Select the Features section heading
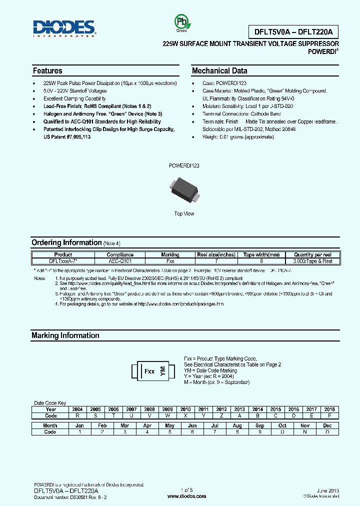(x=47, y=71)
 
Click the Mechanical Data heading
(x=219, y=71)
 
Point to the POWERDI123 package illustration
(x=184, y=189)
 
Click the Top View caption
(x=184, y=213)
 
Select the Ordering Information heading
(x=66, y=242)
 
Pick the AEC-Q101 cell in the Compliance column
(x=120, y=261)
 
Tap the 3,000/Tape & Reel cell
(x=313, y=261)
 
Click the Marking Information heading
(x=65, y=335)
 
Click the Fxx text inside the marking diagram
(x=149, y=371)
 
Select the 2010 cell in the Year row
(x=185, y=409)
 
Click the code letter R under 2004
(x=77, y=415)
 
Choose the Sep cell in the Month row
(x=260, y=425)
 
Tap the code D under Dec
(x=327, y=432)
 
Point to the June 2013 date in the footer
(x=328, y=491)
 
